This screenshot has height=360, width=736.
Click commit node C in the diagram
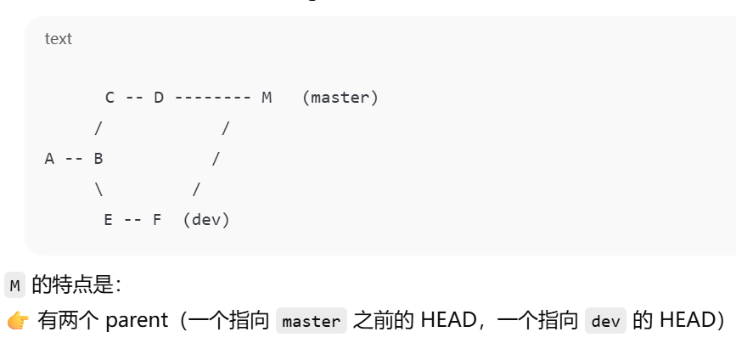[110, 98]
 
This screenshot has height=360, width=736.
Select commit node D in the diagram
[159, 98]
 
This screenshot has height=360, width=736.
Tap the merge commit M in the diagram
[267, 98]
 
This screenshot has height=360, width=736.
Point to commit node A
[49, 159]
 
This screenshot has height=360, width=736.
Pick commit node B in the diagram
[98, 159]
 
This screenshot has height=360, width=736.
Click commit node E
[109, 220]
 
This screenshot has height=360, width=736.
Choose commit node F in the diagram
[157, 220]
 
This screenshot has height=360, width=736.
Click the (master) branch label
[340, 98]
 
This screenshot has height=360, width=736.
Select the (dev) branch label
[206, 220]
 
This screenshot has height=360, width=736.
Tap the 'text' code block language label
[59, 39]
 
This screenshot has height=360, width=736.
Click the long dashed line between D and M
[212, 98]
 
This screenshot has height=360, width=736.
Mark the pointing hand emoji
[17, 321]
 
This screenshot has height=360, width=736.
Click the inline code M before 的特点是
[14, 286]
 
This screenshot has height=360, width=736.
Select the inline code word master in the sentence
[312, 321]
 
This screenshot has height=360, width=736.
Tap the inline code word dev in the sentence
[605, 321]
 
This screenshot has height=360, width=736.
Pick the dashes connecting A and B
[74, 159]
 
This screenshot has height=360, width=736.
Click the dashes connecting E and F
[132, 220]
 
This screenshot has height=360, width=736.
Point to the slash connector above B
[98, 128]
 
